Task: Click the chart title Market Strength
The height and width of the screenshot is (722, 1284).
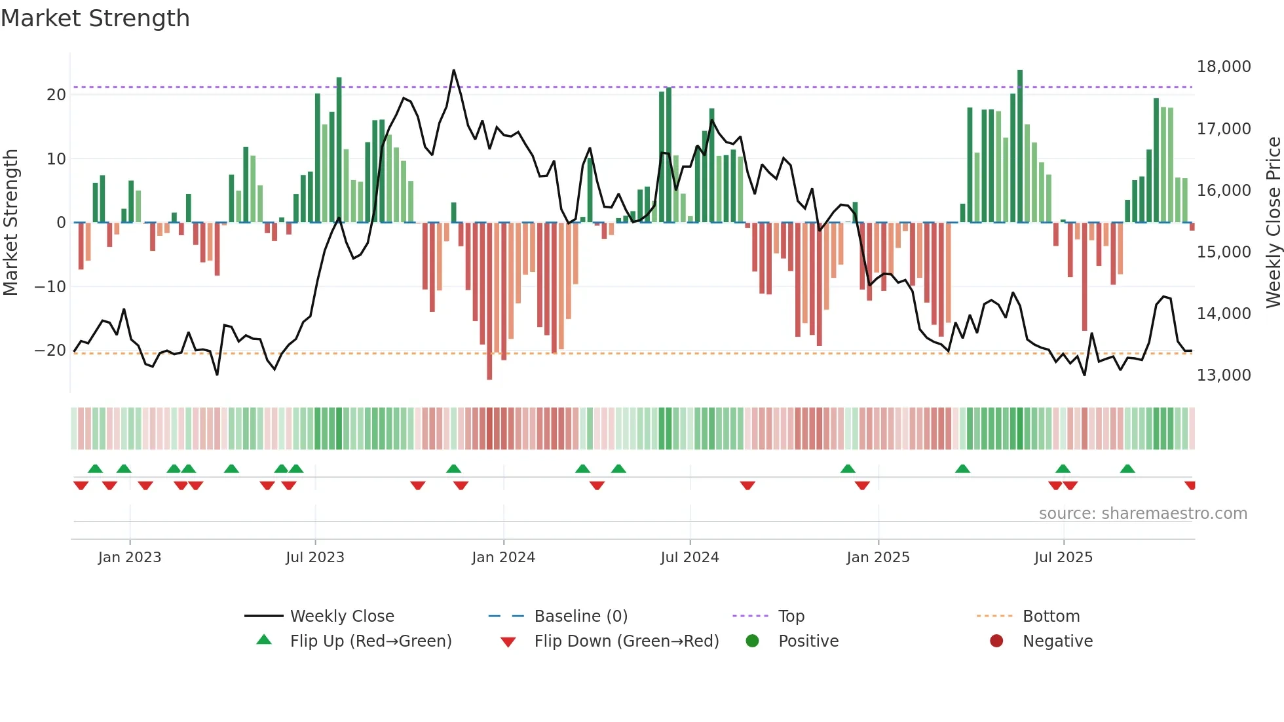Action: [x=95, y=18]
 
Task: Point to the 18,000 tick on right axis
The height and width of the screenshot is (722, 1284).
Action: [x=1223, y=67]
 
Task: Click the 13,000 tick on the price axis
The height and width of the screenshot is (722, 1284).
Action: [x=1223, y=375]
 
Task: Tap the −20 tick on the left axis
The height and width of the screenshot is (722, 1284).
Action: [x=50, y=351]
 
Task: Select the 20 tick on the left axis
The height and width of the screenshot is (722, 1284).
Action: [x=56, y=95]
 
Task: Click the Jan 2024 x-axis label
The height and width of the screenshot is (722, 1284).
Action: [x=503, y=558]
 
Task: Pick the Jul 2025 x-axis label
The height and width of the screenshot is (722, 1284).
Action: [x=1063, y=558]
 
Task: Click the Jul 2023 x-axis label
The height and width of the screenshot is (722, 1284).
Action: [x=314, y=558]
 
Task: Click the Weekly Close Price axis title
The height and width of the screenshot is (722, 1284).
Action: [x=1273, y=223]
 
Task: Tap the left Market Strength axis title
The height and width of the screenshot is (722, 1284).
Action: [x=10, y=223]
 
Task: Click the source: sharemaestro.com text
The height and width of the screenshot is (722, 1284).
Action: [x=1142, y=514]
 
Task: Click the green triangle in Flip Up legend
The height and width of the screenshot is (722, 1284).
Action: [x=264, y=640]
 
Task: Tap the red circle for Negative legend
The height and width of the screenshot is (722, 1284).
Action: [x=996, y=641]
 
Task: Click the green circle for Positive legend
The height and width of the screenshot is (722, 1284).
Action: [x=752, y=641]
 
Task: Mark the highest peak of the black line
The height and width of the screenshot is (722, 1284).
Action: [x=453, y=70]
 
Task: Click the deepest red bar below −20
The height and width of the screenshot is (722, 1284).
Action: [x=489, y=377]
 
